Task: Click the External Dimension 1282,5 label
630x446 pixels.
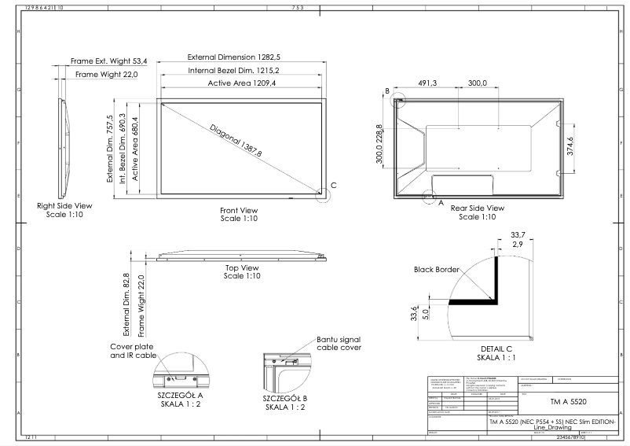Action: coord(236,57)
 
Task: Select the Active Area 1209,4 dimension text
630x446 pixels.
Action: coord(242,83)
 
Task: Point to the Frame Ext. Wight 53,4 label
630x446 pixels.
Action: coord(109,61)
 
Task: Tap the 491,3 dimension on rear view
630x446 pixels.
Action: coord(427,83)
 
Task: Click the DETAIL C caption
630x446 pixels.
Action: coord(496,348)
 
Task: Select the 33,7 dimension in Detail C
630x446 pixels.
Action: coord(517,234)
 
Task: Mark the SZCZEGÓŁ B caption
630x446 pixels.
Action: coord(285,398)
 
